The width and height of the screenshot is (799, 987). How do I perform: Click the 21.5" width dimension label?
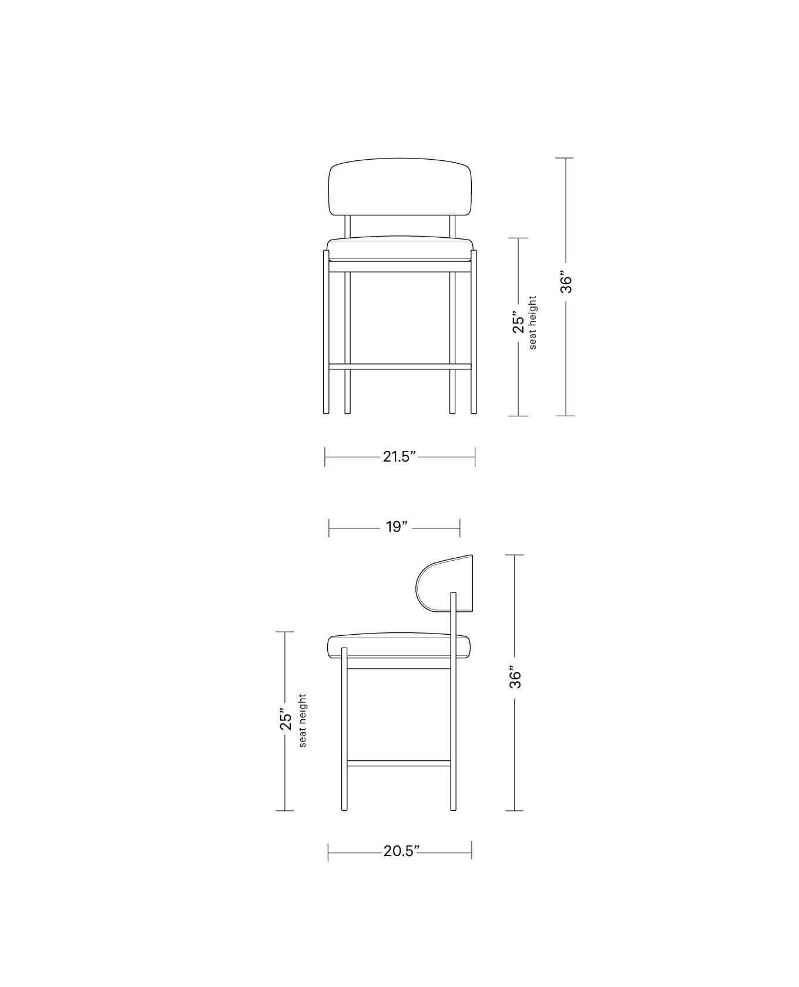pos(399,456)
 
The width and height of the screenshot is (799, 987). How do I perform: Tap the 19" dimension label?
pos(397,527)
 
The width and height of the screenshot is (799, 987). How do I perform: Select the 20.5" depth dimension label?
pos(401,851)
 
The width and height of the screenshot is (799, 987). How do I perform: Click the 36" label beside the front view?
pos(565,282)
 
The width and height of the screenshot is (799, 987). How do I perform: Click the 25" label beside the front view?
pos(518,322)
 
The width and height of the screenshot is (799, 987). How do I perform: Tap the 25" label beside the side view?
pos(286,720)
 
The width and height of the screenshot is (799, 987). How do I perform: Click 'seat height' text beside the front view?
pos(533,322)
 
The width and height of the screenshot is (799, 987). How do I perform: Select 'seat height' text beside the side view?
pos(303,720)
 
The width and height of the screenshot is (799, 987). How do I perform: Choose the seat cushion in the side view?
pos(398,646)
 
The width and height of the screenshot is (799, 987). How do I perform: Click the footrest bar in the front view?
pos(400,366)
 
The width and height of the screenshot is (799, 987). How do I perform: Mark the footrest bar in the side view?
pos(399,763)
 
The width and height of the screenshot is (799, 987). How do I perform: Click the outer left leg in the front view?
pos(326,332)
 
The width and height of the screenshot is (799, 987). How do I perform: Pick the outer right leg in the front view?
pos(474,332)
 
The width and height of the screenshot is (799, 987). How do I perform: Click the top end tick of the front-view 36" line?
pos(565,158)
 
